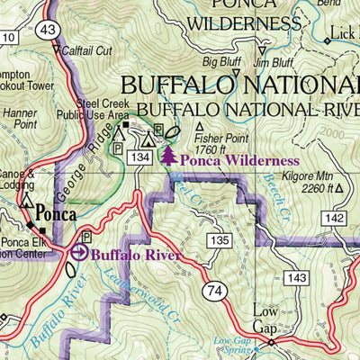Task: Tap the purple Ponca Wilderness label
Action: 238,160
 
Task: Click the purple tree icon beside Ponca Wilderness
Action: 167,157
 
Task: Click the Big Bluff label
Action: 222,62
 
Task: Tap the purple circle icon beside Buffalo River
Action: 79,253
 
